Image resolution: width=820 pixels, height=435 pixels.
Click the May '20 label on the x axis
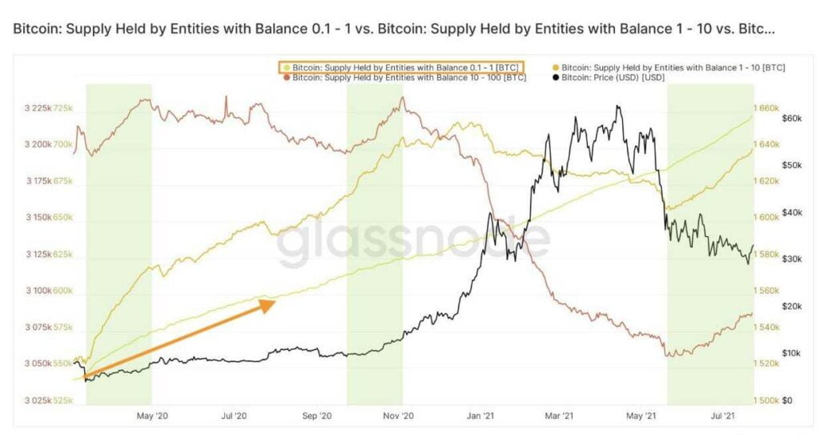coord(152,415)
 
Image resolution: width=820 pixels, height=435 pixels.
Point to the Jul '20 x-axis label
coord(233,415)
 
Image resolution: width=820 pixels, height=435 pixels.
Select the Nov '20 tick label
coord(398,415)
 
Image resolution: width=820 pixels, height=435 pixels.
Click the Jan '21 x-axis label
coord(480,415)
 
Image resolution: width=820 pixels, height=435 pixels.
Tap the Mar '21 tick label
coord(558,415)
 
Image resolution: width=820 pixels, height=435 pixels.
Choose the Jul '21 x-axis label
coord(724,415)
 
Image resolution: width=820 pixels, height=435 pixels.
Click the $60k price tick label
coord(790,119)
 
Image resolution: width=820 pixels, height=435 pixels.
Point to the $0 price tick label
coord(787,400)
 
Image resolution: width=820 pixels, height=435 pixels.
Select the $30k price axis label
coord(790,259)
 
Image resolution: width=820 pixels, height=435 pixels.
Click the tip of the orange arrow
coord(275,301)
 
